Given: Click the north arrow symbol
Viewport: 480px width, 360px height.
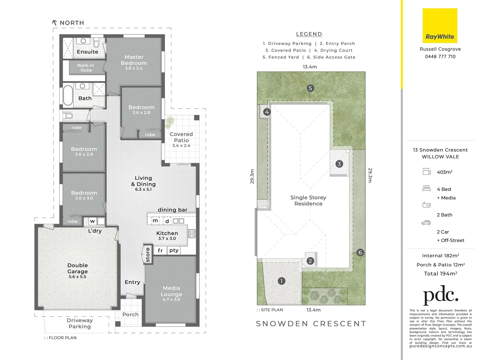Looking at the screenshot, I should [x=55, y=23].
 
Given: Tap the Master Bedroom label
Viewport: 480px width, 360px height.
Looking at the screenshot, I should [x=134, y=60].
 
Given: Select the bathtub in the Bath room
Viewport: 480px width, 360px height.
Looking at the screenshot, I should [x=68, y=95].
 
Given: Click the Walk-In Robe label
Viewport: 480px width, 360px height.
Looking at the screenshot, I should [x=86, y=68].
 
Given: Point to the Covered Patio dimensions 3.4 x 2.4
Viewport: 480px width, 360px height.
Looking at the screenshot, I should [x=181, y=146].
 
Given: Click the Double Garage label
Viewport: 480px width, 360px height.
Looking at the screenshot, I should [x=78, y=268].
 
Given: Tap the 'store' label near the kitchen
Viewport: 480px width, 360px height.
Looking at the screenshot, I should [x=148, y=255].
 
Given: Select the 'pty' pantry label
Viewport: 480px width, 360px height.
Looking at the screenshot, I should [x=174, y=250].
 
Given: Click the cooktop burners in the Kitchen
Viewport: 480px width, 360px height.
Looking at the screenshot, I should [x=192, y=233].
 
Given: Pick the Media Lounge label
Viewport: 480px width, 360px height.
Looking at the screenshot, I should [x=172, y=291].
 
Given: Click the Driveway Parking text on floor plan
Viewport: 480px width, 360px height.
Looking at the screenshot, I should [x=80, y=323].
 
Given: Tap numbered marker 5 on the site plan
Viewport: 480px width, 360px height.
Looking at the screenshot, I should [x=310, y=88].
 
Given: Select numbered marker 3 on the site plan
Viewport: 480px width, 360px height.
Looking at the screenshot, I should [x=339, y=164].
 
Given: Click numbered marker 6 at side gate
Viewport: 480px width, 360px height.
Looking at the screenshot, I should [x=360, y=252].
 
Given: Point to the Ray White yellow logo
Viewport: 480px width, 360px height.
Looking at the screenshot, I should [x=440, y=26].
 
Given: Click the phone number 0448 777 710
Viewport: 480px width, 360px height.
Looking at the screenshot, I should [x=440, y=57].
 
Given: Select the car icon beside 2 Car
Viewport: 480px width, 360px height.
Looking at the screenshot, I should [x=426, y=223].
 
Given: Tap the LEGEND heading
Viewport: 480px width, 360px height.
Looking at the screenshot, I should [x=309, y=34].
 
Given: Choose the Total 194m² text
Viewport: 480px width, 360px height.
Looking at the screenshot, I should [x=440, y=274].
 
